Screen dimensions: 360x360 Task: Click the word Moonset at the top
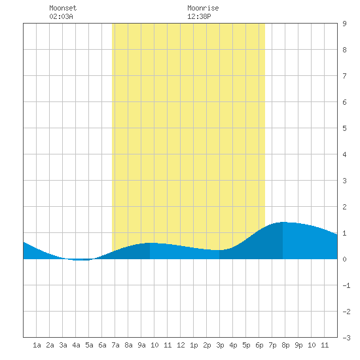tap(63, 8)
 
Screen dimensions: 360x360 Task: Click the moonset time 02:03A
tap(61, 16)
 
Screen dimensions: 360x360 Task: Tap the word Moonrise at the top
tap(203, 8)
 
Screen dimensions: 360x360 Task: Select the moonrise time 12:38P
tap(199, 16)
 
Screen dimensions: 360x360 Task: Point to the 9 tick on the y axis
tap(344, 24)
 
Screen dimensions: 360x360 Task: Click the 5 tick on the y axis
tap(344, 128)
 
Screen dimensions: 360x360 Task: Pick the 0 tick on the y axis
tap(344, 259)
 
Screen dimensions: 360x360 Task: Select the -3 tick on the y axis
tap(346, 338)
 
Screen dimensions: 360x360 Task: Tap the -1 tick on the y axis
tap(346, 285)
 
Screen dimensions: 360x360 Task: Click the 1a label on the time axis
tap(37, 345)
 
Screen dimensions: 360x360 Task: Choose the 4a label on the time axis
tap(76, 345)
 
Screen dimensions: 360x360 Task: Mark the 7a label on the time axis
tap(115, 345)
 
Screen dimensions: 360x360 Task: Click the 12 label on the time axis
tap(181, 345)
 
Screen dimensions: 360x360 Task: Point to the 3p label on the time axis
tap(220, 345)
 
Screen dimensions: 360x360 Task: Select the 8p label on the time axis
tap(285, 345)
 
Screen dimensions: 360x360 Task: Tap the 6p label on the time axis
tap(259, 345)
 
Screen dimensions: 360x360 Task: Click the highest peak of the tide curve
tap(283, 222)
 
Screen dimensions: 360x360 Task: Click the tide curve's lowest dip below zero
tap(81, 260)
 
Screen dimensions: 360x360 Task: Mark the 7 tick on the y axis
tap(344, 76)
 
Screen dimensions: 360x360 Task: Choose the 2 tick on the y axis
tap(344, 207)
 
